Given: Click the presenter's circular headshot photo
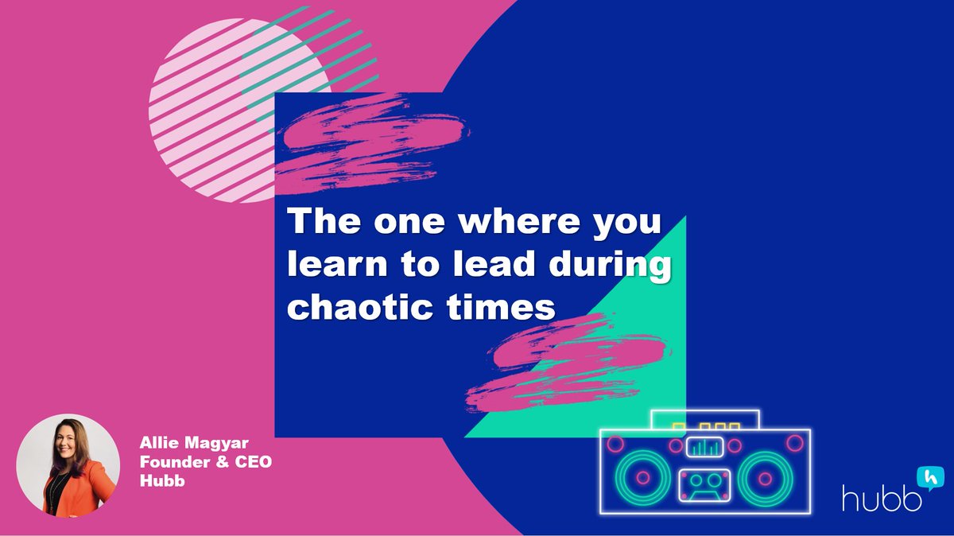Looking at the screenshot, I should [68, 466].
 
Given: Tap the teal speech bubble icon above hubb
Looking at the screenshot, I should [928, 476].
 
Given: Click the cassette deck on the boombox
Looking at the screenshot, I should [704, 484].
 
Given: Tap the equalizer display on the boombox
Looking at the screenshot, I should [704, 447].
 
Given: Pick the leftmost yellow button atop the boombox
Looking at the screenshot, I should [678, 426].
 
